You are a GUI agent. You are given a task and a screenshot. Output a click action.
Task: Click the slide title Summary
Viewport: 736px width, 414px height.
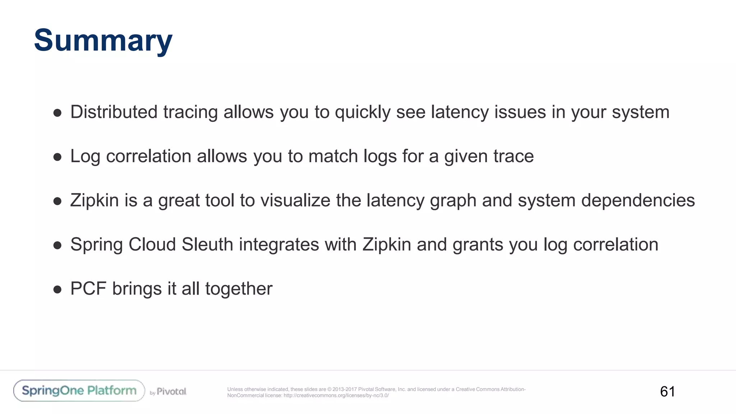point(103,40)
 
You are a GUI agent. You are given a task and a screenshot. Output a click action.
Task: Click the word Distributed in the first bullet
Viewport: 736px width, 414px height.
point(114,112)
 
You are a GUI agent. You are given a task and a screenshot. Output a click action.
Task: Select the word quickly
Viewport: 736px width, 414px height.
point(363,112)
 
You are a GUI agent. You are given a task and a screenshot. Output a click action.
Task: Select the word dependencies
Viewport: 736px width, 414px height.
point(638,201)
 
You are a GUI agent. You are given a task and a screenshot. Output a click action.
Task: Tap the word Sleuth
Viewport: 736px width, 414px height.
point(207,244)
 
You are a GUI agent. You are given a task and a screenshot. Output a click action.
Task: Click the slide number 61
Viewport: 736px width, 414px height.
point(667,391)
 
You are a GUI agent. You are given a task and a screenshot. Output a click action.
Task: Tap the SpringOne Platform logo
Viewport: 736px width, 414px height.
point(79,391)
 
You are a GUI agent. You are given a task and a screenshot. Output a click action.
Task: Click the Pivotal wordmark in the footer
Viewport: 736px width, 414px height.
point(171,391)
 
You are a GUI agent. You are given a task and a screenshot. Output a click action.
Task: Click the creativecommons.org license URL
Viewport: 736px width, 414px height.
point(336,396)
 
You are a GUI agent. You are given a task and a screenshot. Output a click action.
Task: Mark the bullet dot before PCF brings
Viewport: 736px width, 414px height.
point(57,289)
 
